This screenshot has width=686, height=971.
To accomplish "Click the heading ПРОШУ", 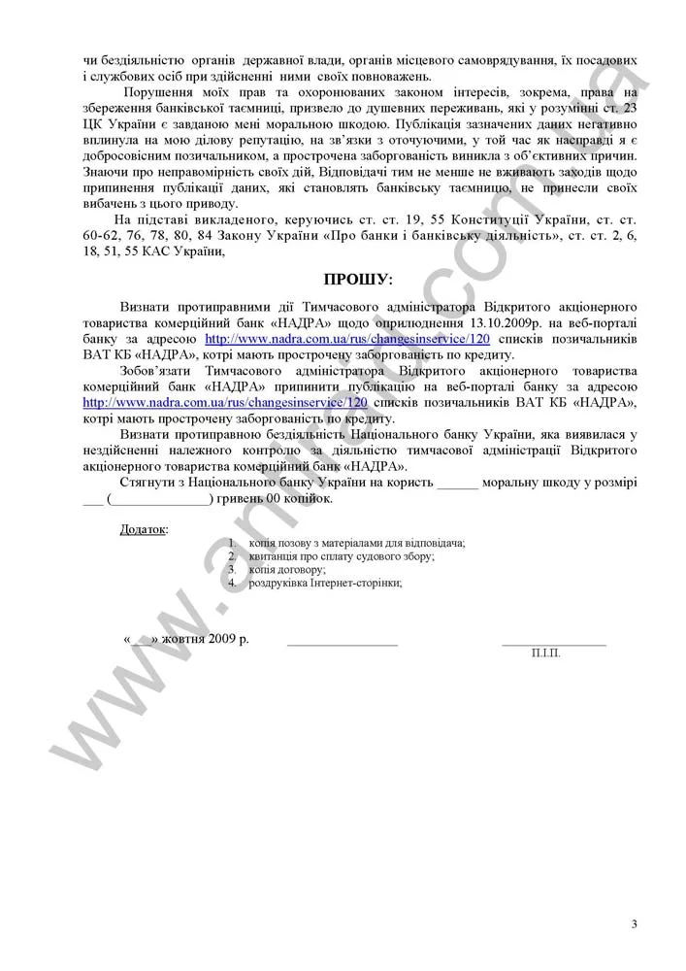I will point(359,281).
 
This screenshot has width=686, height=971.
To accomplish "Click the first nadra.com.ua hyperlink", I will point(346,340).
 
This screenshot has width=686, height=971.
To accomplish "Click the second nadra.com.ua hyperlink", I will point(225,401).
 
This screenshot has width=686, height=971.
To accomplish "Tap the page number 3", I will point(634,923).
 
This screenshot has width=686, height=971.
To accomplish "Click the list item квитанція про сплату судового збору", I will point(341,556).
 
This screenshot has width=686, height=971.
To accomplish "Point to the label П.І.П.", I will point(545,654).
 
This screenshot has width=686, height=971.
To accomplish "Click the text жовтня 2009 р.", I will point(205,641).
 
